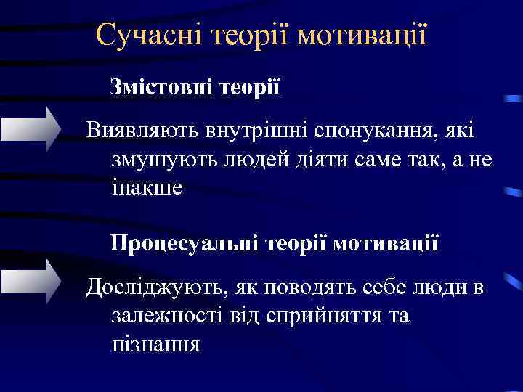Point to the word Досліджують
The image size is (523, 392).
150,287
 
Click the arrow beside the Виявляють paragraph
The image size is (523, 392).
33,128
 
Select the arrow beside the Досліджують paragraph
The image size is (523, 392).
33,279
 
